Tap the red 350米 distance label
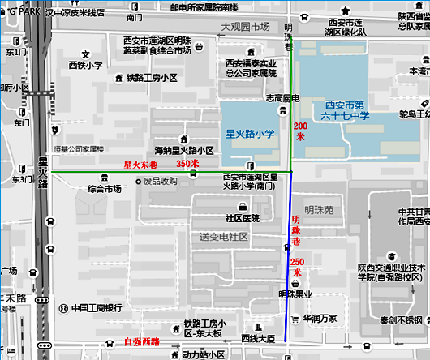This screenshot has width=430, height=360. point(187,164)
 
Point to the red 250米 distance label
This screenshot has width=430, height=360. point(297,268)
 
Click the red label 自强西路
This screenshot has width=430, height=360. point(142,342)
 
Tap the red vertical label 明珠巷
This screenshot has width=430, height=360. point(297,231)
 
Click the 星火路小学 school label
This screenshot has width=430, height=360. point(252,132)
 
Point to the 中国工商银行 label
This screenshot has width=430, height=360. point(96,308)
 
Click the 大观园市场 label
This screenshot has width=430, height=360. point(245,27)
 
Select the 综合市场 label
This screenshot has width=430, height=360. point(104,189)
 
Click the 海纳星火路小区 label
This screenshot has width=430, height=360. point(184,151)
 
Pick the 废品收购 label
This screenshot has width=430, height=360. point(160,181)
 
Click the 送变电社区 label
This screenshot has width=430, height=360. point(223,237)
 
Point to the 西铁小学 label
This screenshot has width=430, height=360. point(85,65)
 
